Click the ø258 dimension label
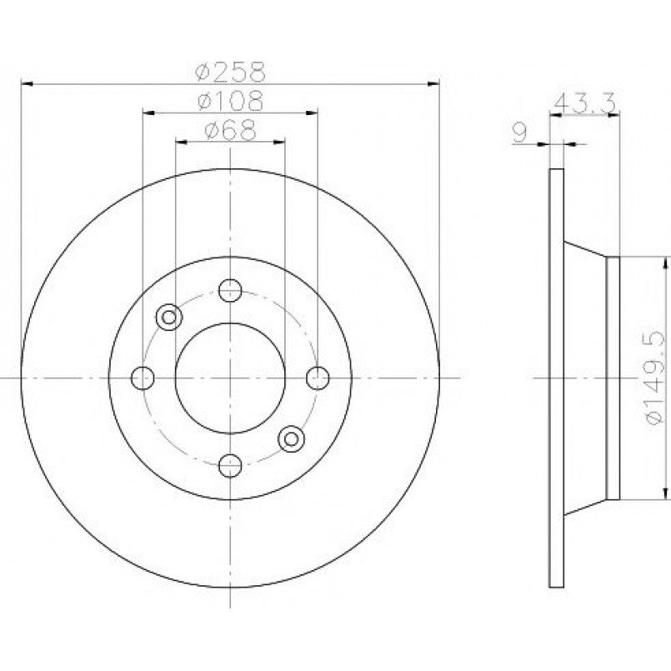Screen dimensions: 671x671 [x=231, y=71]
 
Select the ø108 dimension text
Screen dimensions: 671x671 [x=231, y=101]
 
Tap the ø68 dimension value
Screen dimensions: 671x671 [x=231, y=130]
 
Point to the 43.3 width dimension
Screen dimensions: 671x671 [x=584, y=103]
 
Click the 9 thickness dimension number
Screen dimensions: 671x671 [x=519, y=133]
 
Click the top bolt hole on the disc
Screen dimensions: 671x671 [x=230, y=290]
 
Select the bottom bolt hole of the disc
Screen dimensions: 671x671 [x=230, y=466]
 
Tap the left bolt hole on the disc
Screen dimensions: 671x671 [x=143, y=378]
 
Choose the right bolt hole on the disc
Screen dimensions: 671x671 [x=318, y=378]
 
